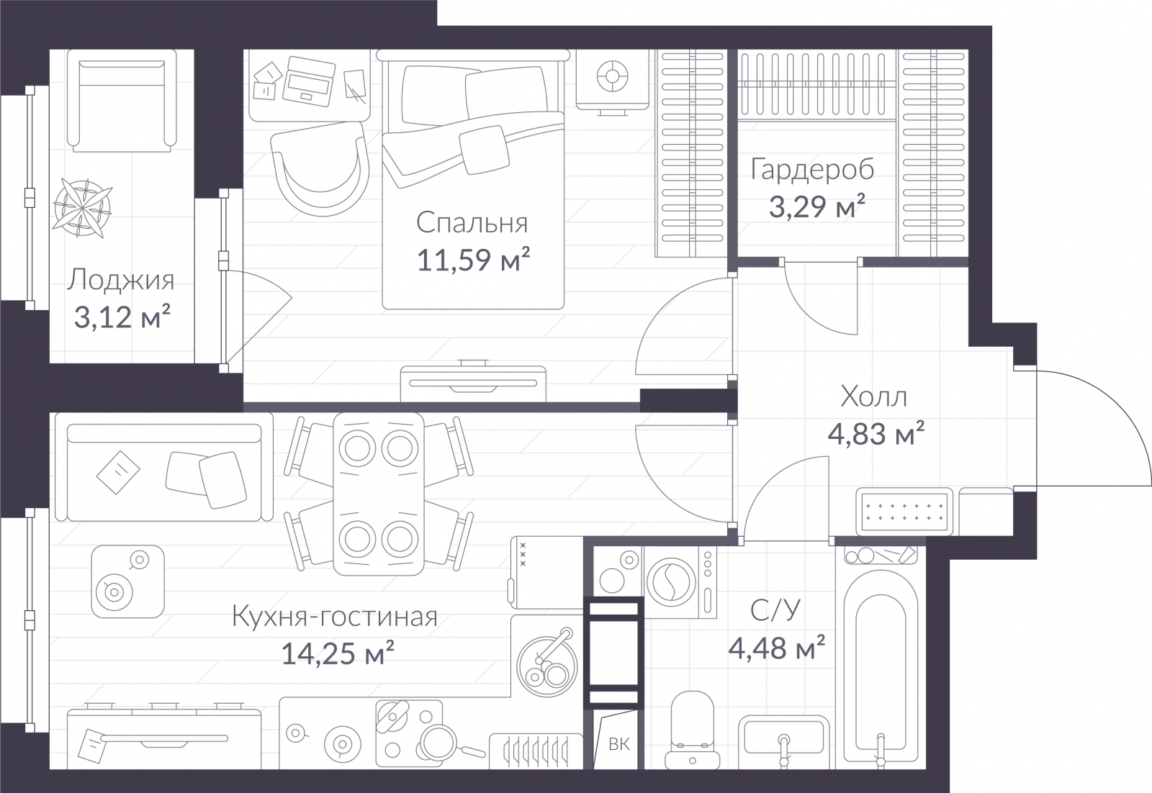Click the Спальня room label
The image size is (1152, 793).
(472, 224)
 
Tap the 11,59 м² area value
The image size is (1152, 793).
(472, 260)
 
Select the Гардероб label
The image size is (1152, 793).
(812, 169)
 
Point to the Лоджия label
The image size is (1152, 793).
(121, 281)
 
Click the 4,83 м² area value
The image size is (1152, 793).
(876, 433)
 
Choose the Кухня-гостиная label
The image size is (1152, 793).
(335, 616)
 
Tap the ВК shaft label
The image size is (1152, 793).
(618, 744)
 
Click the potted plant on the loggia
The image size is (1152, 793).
(82, 208)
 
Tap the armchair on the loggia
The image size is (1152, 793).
(122, 101)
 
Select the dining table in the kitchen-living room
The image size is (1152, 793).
(379, 494)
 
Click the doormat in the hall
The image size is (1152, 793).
(904, 512)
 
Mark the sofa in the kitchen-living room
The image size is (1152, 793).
(164, 472)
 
